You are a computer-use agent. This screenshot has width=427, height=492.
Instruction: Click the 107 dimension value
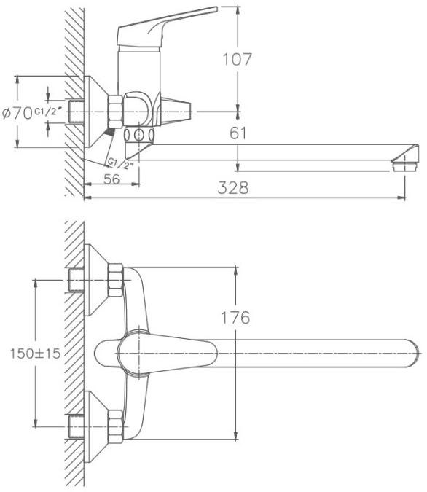[x=238, y=60]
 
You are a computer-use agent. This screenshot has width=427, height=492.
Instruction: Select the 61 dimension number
[x=238, y=133]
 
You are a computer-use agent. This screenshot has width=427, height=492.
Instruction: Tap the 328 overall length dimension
[x=233, y=187]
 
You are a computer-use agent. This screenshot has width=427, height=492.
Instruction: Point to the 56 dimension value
[x=111, y=179]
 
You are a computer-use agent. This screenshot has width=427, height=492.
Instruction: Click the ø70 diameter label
[x=17, y=113]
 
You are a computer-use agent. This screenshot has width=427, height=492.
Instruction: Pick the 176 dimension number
[x=235, y=318]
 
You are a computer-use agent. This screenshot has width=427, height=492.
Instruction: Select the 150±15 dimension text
[x=35, y=354]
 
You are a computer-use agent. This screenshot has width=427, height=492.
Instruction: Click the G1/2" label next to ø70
[x=47, y=112]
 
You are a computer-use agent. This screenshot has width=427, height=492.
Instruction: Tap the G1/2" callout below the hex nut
[x=121, y=163]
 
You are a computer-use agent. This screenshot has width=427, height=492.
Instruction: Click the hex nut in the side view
[x=115, y=112]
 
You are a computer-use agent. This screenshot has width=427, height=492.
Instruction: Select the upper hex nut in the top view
[x=115, y=280]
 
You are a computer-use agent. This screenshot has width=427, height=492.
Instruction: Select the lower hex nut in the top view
[x=115, y=426]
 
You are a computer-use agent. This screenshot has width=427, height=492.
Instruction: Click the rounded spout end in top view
[x=412, y=353]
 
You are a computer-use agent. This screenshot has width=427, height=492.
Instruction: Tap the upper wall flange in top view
[x=95, y=280]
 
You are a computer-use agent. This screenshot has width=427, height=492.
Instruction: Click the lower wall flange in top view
[x=95, y=426]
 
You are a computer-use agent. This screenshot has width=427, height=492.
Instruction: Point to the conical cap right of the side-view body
[x=176, y=111]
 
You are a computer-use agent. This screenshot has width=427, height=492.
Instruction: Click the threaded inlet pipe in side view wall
[x=76, y=112]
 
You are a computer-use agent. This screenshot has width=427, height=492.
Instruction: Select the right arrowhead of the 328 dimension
[x=402, y=198]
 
